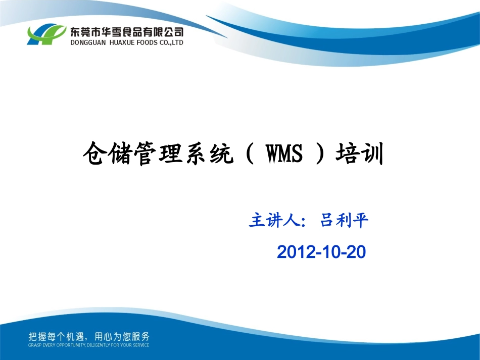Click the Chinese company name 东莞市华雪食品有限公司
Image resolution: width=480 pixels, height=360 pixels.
pos(126,32)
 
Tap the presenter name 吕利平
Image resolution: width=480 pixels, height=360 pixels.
pos(345,221)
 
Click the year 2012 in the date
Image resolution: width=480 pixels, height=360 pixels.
pos(294,251)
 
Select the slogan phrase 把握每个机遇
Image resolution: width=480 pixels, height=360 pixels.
pos(55,336)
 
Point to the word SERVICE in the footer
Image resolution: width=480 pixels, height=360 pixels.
pos(140,345)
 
